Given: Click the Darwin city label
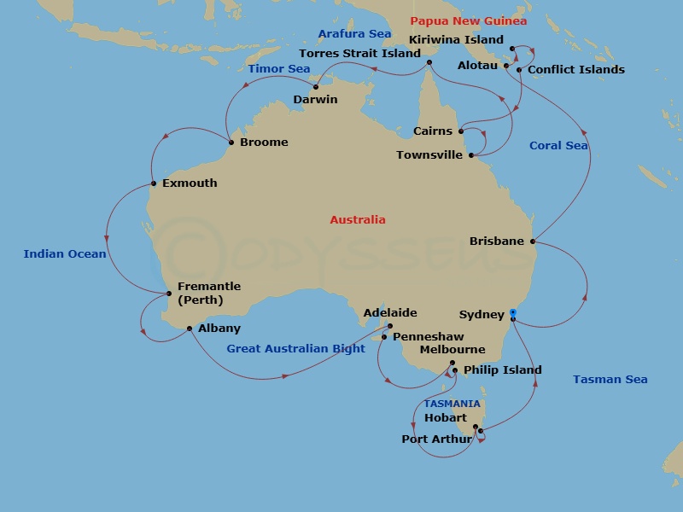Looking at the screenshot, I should [315, 100].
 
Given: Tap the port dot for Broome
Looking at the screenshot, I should [231, 143].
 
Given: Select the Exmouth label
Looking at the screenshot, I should [190, 183].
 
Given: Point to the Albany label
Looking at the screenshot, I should [219, 329].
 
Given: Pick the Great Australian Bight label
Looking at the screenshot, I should [295, 349].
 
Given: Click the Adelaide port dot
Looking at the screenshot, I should [389, 326].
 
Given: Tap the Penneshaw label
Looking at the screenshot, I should [428, 337].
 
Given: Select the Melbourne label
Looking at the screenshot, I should [452, 350].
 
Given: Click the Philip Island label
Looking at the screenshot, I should [502, 370].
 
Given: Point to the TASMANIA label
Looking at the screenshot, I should [452, 404].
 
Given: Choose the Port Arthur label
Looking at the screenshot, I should [436, 439].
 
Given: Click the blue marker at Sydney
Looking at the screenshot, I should [512, 313].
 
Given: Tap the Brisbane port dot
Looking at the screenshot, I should [534, 241].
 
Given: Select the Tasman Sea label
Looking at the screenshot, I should [610, 380].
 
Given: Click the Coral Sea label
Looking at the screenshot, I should [558, 146].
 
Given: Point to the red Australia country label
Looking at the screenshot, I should [358, 220].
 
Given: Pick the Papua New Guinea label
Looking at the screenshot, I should [469, 21].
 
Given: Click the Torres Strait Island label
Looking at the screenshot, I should [359, 53].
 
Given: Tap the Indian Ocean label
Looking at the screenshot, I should [65, 254].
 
